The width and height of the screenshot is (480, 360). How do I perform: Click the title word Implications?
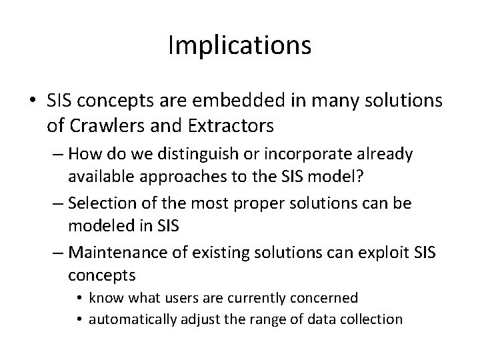(x=239, y=45)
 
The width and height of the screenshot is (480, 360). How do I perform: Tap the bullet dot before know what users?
(x=79, y=298)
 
